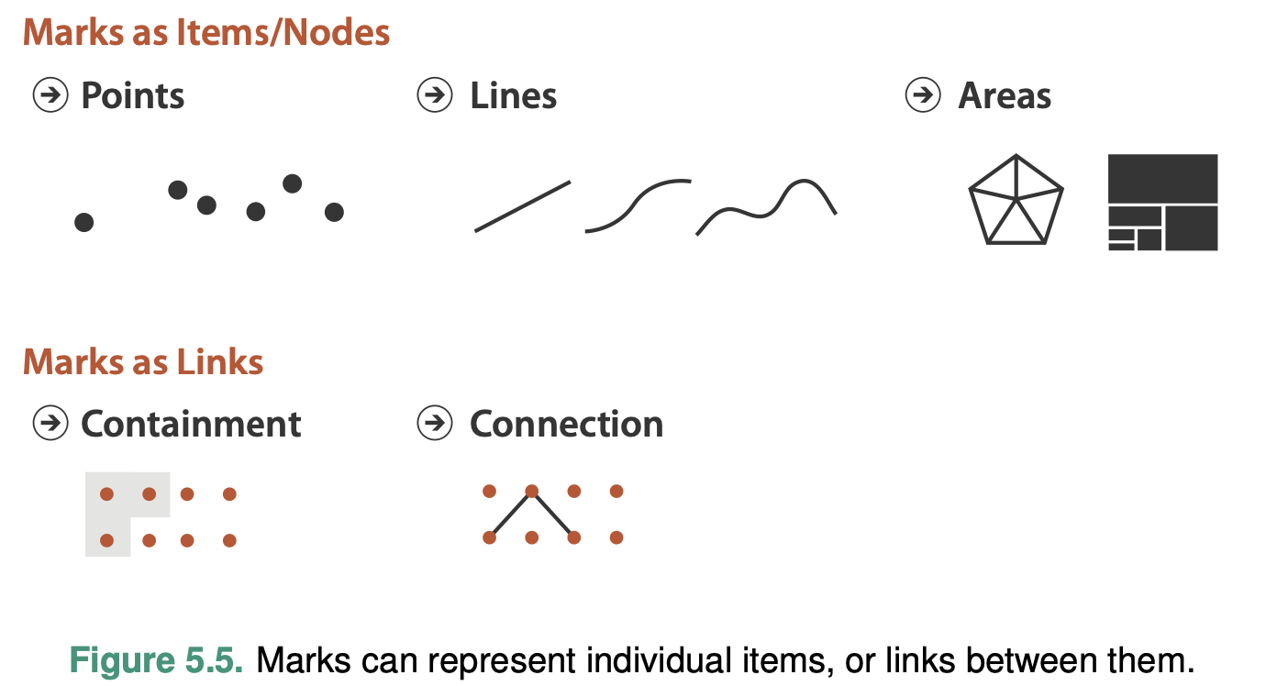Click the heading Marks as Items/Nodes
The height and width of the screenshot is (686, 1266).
click(206, 33)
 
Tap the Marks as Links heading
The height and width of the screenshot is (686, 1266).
click(143, 361)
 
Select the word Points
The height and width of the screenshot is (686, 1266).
click(133, 95)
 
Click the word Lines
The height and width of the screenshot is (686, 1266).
click(513, 95)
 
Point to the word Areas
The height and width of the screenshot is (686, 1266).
click(1005, 95)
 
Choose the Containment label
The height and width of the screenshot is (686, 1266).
click(191, 424)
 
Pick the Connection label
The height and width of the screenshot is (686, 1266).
click(566, 424)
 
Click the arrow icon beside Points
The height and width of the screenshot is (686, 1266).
click(50, 94)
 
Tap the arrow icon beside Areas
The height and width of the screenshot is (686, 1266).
click(923, 94)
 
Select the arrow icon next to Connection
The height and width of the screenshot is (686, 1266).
click(435, 423)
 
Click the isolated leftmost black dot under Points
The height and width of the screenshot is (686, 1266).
click(83, 222)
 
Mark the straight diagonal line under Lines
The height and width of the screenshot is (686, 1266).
click(522, 206)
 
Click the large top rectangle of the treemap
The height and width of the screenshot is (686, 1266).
click(1162, 178)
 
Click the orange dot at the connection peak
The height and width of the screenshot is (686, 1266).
click(531, 491)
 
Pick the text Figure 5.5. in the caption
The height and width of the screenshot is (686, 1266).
click(157, 661)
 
